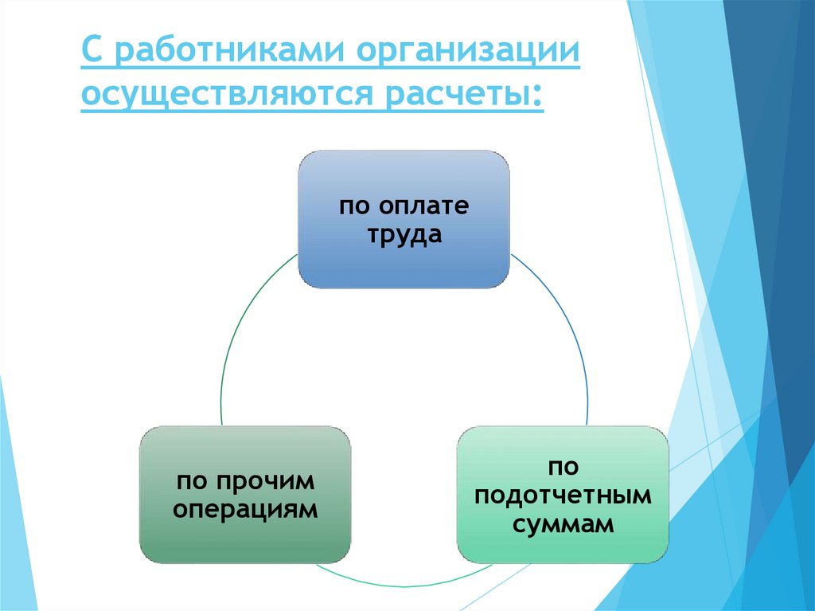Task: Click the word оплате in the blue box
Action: point(423,207)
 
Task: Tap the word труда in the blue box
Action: point(404,237)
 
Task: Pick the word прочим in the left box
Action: point(266,481)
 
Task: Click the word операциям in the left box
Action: point(245,510)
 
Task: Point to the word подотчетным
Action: point(563,495)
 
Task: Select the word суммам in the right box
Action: point(563,524)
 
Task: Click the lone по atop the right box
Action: point(562,466)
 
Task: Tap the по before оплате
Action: point(355,207)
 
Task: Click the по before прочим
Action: point(193,481)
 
